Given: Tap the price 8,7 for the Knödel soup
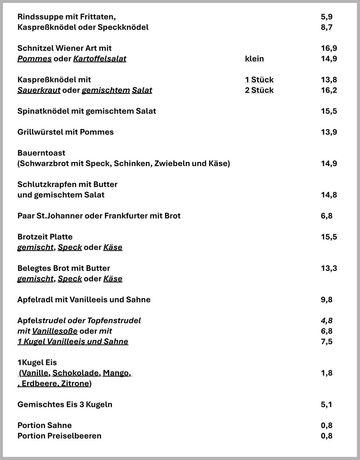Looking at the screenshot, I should pyautogui.click(x=326, y=27).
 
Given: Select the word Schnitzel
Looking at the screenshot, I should pyautogui.click(x=35, y=48).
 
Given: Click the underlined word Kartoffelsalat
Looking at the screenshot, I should pyautogui.click(x=100, y=59).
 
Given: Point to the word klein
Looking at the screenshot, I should pyautogui.click(x=254, y=59).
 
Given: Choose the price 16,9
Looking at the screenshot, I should pyautogui.click(x=328, y=48).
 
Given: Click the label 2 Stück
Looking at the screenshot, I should pyautogui.click(x=259, y=90).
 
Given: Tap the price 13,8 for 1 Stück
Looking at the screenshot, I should pyautogui.click(x=328, y=80).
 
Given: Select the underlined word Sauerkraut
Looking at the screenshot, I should pyautogui.click(x=39, y=90).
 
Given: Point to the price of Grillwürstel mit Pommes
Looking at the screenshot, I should pyautogui.click(x=328, y=132).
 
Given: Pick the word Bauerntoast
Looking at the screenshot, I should pyautogui.click(x=41, y=153).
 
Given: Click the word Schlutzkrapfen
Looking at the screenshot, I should pyautogui.click(x=47, y=184).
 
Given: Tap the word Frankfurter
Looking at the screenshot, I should pyautogui.click(x=126, y=216).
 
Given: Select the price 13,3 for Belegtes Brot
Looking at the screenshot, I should pyautogui.click(x=328, y=268).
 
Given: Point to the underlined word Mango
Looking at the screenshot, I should pyautogui.click(x=116, y=373).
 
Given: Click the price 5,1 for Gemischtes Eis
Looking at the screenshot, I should pyautogui.click(x=326, y=404).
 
